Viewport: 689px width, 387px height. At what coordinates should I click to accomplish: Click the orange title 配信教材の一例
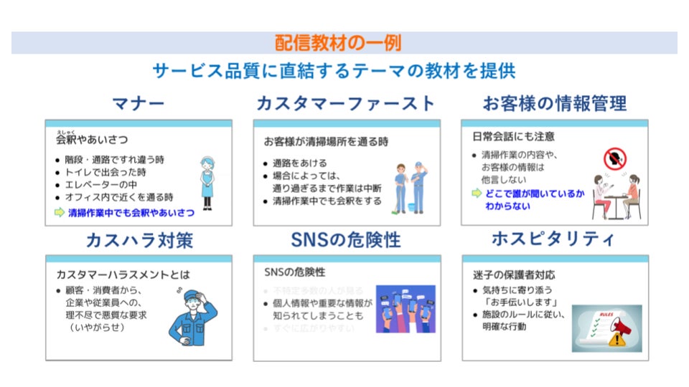click(x=338, y=43)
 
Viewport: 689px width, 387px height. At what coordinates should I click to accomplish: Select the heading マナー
click(x=139, y=104)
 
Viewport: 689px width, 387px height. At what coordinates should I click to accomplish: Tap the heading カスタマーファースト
click(x=346, y=104)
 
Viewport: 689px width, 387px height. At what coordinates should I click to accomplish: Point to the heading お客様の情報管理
click(x=555, y=104)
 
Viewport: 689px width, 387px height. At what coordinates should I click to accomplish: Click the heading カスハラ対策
click(x=139, y=240)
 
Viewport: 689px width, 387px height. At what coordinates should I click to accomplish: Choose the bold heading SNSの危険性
click(x=346, y=240)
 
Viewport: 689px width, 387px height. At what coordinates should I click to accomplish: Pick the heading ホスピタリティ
click(x=554, y=240)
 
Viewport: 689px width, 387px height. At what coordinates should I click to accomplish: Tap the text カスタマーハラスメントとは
click(x=123, y=274)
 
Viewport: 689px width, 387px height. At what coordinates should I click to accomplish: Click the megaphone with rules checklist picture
click(x=606, y=328)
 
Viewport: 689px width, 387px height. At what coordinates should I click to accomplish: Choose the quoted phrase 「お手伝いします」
click(x=515, y=302)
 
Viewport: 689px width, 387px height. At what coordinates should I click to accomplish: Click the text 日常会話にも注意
click(x=513, y=136)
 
